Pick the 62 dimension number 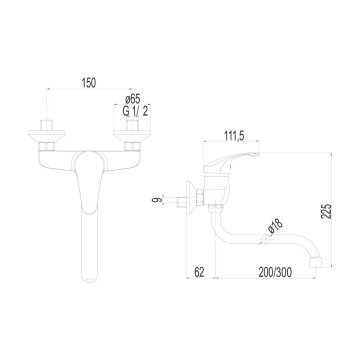pyautogui.click(x=200, y=271)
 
